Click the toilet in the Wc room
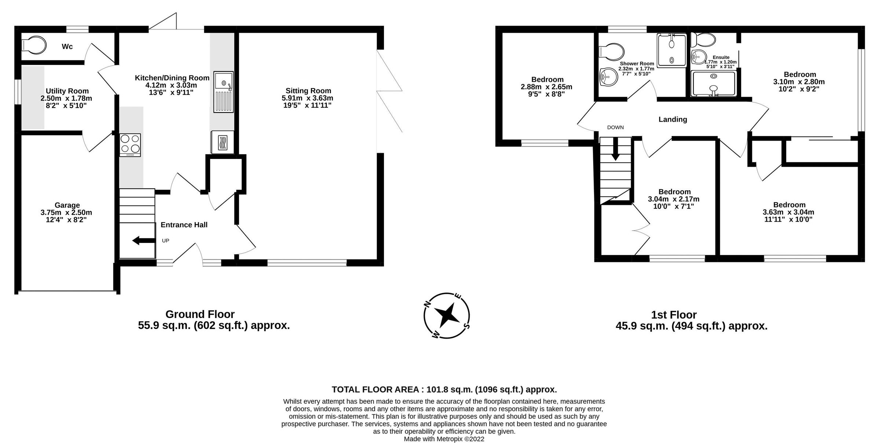pyautogui.click(x=34, y=45)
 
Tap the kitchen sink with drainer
pyautogui.click(x=223, y=92)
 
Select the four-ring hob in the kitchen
pyautogui.click(x=130, y=144)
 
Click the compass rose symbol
pyautogui.click(x=447, y=315)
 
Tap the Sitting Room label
pyautogui.click(x=308, y=91)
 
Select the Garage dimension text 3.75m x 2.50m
pyautogui.click(x=66, y=213)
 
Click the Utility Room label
pyautogui.click(x=67, y=91)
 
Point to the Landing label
pyautogui.click(x=672, y=119)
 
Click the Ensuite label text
pyautogui.click(x=721, y=58)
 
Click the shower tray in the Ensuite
pyautogui.click(x=713, y=84)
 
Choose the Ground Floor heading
pyautogui.click(x=200, y=314)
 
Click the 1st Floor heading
pyautogui.click(x=674, y=315)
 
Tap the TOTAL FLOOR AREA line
pyautogui.click(x=444, y=390)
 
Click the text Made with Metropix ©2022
pyautogui.click(x=444, y=439)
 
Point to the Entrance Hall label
pyautogui.click(x=184, y=225)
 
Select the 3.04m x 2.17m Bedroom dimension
pyautogui.click(x=674, y=199)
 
